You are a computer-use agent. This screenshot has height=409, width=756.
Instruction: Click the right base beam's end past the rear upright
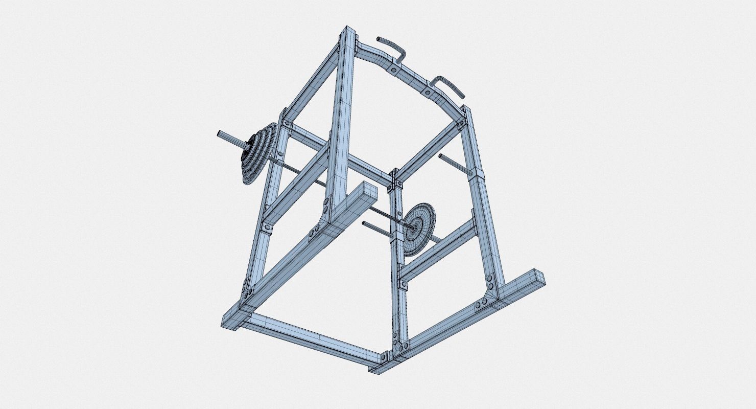pyautogui.click(x=536, y=279)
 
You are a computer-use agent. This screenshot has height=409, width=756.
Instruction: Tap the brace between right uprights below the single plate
pyautogui.click(x=439, y=251)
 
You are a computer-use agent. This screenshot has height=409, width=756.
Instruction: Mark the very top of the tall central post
pyautogui.click(x=349, y=31)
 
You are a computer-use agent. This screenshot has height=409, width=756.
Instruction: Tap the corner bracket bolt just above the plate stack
pyautogui.click(x=287, y=124)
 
